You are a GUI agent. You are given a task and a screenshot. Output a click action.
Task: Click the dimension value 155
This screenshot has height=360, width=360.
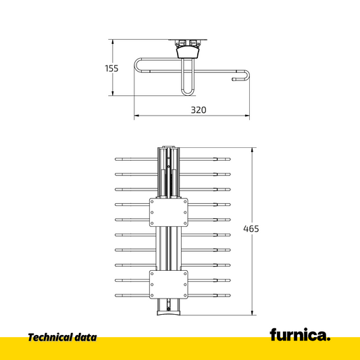point(111,68)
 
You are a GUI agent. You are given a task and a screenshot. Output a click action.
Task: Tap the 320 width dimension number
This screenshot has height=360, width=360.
point(199,110)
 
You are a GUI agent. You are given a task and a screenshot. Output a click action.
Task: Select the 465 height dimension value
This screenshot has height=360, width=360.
point(251,229)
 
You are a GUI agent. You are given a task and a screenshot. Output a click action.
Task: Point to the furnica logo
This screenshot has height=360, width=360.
point(300,335)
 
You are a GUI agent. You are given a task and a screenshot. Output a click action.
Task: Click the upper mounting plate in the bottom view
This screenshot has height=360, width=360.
point(169,213)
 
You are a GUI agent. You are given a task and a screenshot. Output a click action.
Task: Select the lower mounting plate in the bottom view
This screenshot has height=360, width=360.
point(169,284)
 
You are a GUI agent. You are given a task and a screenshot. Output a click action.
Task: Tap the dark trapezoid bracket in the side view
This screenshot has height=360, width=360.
point(188,52)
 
